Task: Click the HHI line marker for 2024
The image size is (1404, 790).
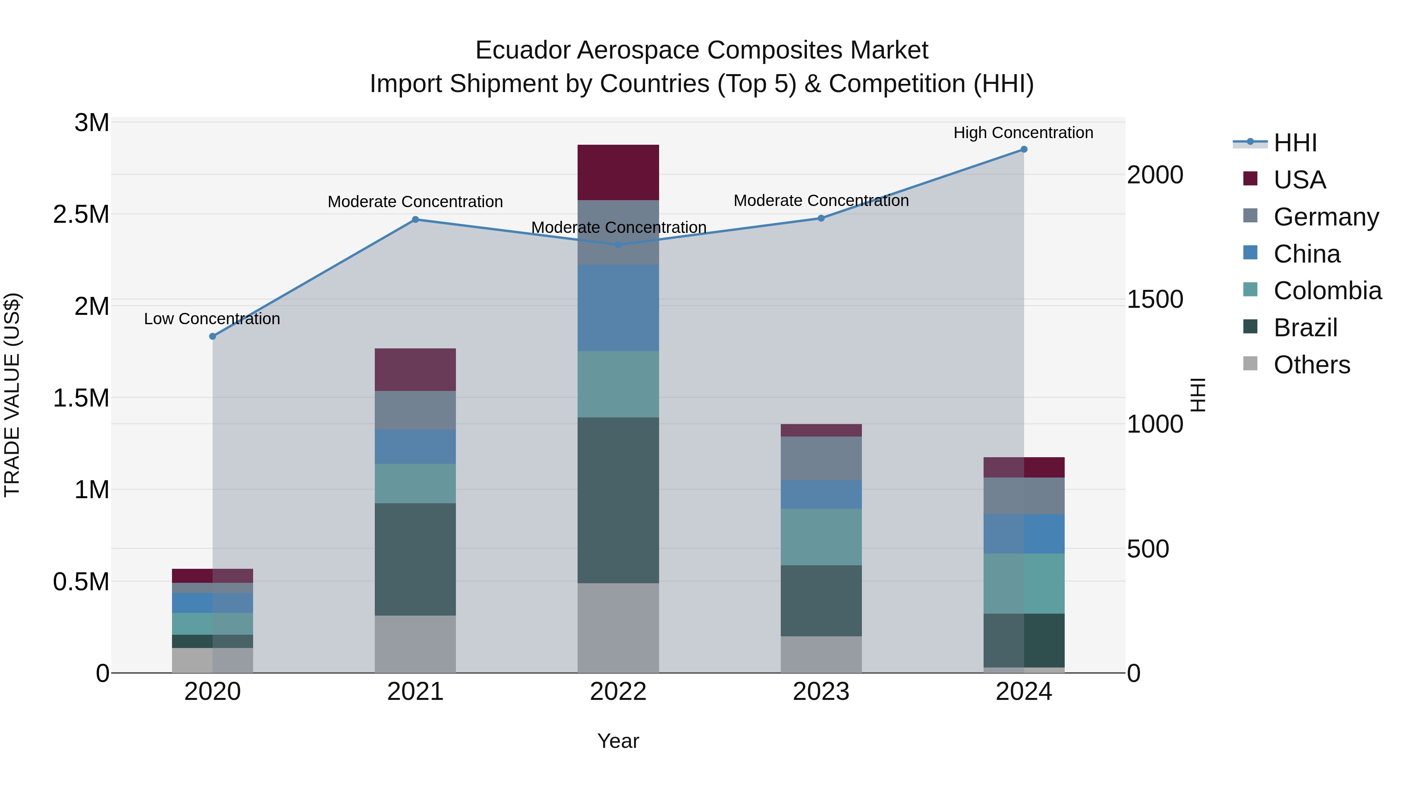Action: pos(1024,149)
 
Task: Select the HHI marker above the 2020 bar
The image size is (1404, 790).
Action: pos(213,336)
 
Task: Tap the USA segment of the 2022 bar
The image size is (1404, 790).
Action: pos(618,172)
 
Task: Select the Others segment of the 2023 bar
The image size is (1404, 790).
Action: pos(821,654)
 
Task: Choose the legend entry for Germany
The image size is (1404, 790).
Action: pos(1326,217)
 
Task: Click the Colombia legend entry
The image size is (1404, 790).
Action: pos(1327,291)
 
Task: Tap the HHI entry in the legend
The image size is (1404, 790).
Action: pos(1295,143)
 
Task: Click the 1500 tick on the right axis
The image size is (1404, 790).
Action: pos(1155,299)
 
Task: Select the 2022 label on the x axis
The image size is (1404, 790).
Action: pos(618,692)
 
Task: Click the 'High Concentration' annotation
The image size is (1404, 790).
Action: pos(1023,133)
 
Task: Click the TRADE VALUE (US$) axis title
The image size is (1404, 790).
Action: pos(12,395)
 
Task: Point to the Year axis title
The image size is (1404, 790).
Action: pos(618,741)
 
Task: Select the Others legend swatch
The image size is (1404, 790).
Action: pos(1250,364)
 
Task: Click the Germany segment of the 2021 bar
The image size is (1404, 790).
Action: pos(415,410)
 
